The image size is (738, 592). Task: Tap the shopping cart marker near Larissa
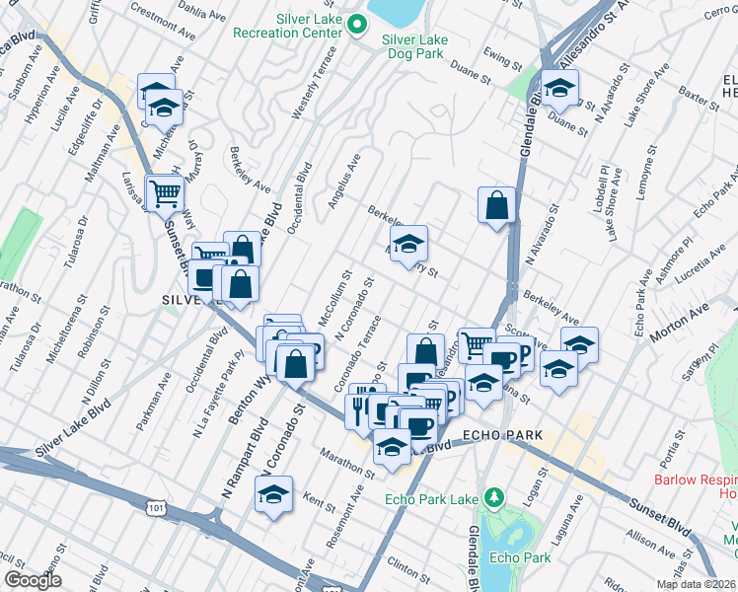(x=164, y=191)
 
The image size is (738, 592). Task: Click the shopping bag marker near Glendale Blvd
(x=497, y=205)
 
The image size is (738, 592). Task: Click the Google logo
(x=34, y=580)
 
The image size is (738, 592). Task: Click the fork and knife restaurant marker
(x=359, y=407)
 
